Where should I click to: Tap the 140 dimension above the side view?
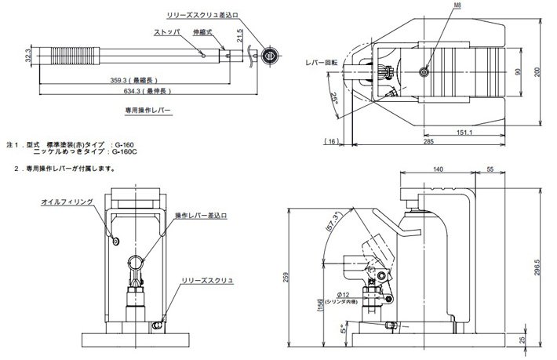click(437, 169)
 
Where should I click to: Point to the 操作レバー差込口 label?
click(202, 214)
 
